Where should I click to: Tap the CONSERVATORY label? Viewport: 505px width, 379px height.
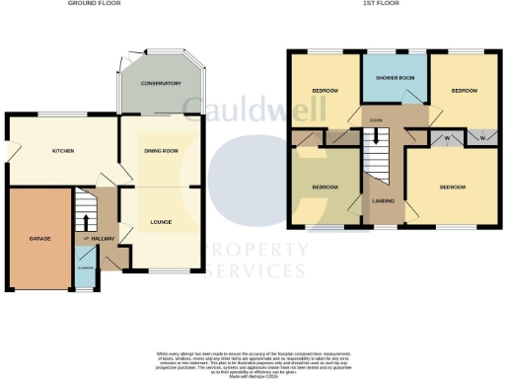pyautogui.click(x=160, y=84)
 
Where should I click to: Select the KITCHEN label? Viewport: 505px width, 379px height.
pyautogui.click(x=64, y=151)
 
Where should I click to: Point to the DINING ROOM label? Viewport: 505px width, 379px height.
pyautogui.click(x=160, y=150)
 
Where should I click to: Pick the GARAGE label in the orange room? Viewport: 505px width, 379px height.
pyautogui.click(x=39, y=240)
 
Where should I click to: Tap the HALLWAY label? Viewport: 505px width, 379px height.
pyautogui.click(x=103, y=240)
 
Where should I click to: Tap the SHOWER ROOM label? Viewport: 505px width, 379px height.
pyautogui.click(x=394, y=80)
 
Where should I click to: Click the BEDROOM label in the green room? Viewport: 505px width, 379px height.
pyautogui.click(x=325, y=187)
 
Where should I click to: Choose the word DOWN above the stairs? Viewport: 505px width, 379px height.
pyautogui.click(x=376, y=120)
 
